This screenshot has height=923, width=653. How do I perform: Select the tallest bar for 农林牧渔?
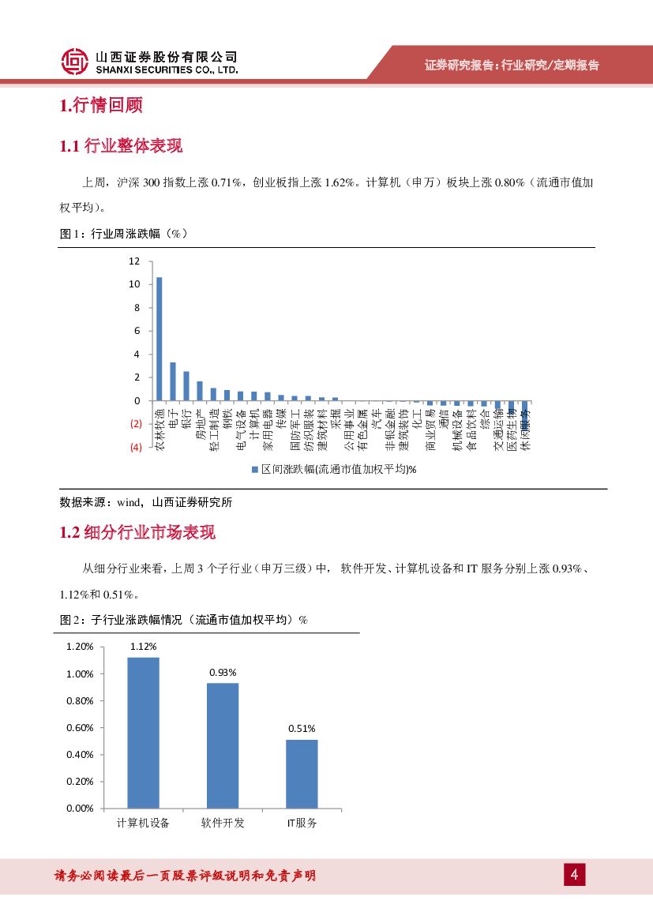(x=159, y=340)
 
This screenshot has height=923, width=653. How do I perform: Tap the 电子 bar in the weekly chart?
(x=173, y=381)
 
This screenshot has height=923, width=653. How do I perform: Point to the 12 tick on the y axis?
(x=134, y=261)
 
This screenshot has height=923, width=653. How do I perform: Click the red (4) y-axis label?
(x=136, y=448)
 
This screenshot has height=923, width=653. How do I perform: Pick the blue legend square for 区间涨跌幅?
(x=254, y=469)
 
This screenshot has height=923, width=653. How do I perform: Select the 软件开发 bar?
(x=223, y=745)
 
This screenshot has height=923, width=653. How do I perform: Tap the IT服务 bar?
(x=302, y=774)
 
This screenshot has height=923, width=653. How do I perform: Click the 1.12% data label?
(x=143, y=647)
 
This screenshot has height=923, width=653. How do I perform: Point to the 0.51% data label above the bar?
(x=302, y=729)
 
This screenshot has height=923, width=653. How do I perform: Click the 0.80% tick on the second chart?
(x=79, y=701)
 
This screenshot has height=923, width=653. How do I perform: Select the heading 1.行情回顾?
(x=100, y=105)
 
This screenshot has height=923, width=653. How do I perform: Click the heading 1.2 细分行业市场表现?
(x=137, y=533)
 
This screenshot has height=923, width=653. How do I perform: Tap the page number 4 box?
(x=574, y=875)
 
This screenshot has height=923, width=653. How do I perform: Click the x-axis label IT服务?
(x=302, y=823)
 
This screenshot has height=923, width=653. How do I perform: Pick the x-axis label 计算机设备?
(x=143, y=823)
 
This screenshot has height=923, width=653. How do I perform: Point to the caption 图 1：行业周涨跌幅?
(x=123, y=234)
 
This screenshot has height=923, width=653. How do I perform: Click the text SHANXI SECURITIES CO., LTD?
(x=166, y=70)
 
